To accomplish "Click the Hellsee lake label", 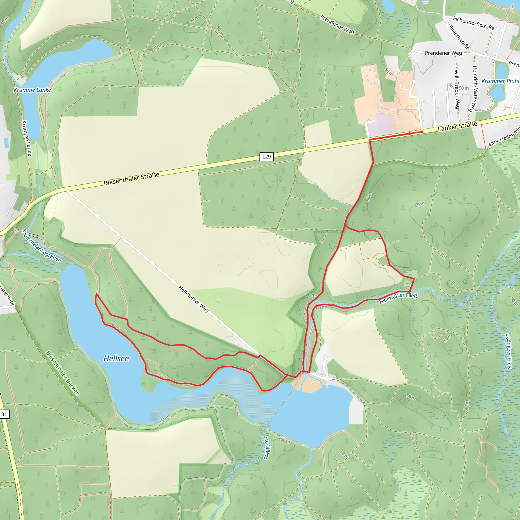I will (116, 359).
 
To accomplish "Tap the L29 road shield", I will (266, 157).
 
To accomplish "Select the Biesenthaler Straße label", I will (131, 179).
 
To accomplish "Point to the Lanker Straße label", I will (457, 127).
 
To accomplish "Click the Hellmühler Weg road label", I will (193, 299).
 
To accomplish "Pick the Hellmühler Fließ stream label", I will (398, 298).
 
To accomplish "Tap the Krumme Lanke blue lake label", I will (32, 90).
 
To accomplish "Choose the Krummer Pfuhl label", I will (500, 81).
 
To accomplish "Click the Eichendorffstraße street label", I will (474, 23).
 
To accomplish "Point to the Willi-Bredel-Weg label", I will (457, 89).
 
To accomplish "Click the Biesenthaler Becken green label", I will (63, 373).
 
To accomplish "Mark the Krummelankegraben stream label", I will (41, 246).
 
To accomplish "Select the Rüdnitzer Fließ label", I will (508, 351).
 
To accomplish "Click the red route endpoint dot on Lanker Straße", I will (422, 132).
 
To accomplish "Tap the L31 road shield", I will (4, 414).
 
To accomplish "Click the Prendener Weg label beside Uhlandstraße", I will (443, 53).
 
